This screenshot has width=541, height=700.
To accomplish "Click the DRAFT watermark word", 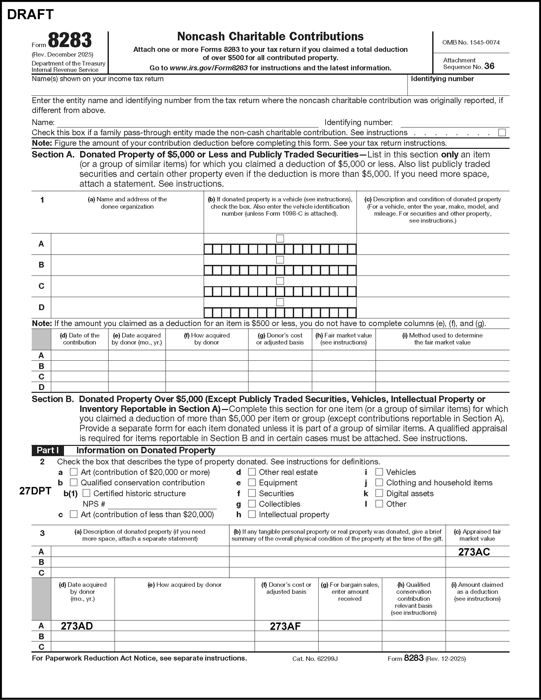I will point(30,15).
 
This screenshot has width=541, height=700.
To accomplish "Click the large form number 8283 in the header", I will point(70,40).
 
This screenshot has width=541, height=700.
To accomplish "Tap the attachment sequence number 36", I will point(489,66).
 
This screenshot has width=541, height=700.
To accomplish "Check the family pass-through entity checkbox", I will point(502,132).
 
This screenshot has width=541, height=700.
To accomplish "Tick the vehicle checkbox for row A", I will point(280,238).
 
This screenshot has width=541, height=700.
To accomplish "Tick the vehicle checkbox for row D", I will point(280,302).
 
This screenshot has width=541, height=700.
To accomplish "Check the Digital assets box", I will point(379,493).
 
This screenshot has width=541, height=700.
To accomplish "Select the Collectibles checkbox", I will point(252,504).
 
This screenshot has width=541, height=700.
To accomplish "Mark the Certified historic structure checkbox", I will point(87,493).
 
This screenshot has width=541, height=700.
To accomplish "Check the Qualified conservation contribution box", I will point(74,482).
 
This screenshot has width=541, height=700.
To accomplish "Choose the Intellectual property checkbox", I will point(252,514).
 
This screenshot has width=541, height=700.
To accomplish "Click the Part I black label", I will point(47,450).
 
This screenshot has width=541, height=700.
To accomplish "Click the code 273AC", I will point(474,552).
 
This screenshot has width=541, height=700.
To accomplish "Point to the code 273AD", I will point(77,626).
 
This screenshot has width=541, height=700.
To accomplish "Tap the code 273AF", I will point(285,626).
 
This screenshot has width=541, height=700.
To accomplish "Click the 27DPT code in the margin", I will point(35,491).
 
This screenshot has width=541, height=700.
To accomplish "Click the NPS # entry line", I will point(162,504).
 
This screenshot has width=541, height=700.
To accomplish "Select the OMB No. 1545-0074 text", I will point(471,42).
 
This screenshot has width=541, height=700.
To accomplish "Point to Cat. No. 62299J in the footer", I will point(315,659).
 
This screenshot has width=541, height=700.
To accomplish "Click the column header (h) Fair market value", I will point(343,339).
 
